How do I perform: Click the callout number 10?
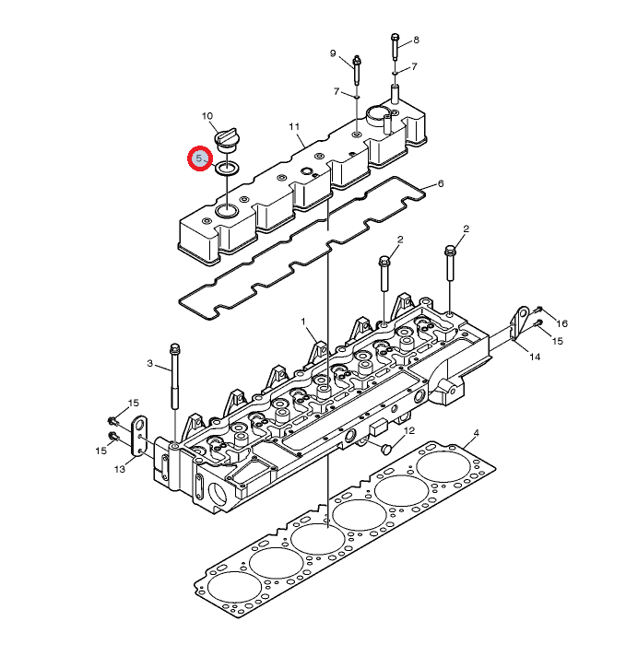pos(207,115)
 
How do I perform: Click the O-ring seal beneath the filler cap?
pos(227,169)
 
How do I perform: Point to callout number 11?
pos(295,126)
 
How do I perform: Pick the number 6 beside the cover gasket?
pos(441,184)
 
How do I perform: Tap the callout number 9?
pos(333,53)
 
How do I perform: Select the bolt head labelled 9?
pos(356,63)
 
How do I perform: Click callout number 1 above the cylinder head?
pos(302,322)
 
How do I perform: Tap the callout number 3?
pos(149,365)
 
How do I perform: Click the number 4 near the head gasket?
pos(477,432)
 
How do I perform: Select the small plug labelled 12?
pos(387,448)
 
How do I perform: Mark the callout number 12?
pos(409,430)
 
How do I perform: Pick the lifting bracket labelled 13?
pos(140,438)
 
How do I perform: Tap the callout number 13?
pos(119,470)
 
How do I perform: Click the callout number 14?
pos(534,357)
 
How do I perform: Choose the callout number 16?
pos(561,323)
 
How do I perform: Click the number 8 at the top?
pos(416,40)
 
